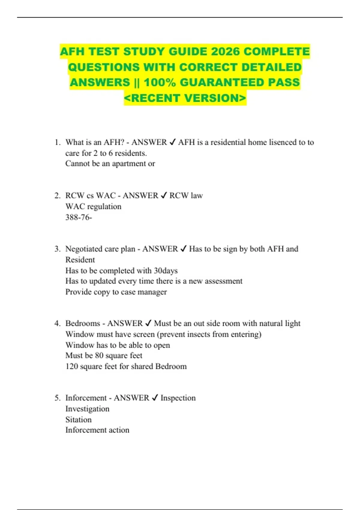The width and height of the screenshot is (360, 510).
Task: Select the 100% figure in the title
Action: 160,82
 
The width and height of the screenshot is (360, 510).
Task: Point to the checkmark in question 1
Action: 172,142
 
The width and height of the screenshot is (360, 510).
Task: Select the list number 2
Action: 57,196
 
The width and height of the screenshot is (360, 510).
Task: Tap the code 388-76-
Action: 79,217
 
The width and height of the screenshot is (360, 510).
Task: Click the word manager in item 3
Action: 152,292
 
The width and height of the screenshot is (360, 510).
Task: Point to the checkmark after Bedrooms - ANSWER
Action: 148,323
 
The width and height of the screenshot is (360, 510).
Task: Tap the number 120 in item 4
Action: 72,366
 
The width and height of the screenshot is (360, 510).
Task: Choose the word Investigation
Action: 87,409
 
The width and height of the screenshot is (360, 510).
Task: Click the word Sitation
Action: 78,420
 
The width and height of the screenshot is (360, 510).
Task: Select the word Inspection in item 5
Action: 178,398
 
